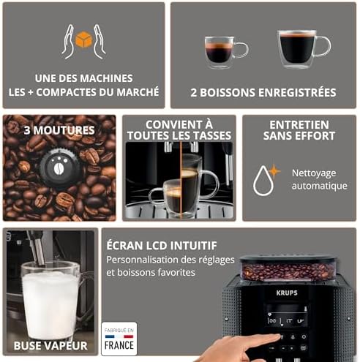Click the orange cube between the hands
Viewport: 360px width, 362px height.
(83, 40)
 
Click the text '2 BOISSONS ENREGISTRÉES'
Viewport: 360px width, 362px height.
(263, 93)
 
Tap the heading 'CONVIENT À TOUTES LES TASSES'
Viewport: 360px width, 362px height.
(179, 130)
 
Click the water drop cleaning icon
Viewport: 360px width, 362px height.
(263, 180)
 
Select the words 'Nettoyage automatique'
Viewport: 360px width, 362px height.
(319, 180)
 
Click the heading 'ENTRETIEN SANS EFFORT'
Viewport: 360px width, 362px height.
(298, 130)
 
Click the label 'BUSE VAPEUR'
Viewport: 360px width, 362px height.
(50, 345)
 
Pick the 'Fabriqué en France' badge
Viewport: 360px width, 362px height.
(119, 339)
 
